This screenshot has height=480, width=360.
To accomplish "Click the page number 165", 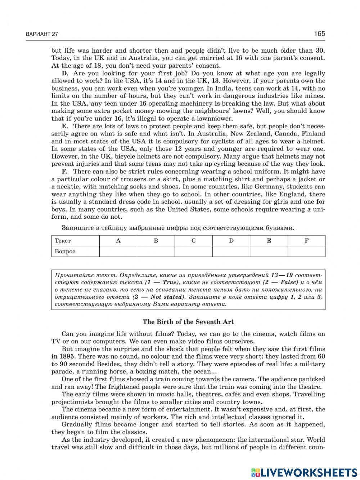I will [319, 34].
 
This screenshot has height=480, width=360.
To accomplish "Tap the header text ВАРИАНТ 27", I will [42, 34].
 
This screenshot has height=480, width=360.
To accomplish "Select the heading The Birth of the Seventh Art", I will [188, 322].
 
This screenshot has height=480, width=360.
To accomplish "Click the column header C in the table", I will [193, 241].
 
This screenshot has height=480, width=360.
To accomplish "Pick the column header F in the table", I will [306, 241].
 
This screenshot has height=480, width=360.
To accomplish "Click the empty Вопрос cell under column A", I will [118, 252].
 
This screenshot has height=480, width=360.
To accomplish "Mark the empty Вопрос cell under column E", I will [269, 252].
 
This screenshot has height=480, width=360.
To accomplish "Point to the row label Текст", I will [63, 241].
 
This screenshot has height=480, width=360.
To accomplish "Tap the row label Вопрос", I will [65, 252].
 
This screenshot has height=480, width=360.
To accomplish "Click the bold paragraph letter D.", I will [65, 73].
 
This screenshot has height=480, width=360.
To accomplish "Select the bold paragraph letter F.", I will [65, 172].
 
